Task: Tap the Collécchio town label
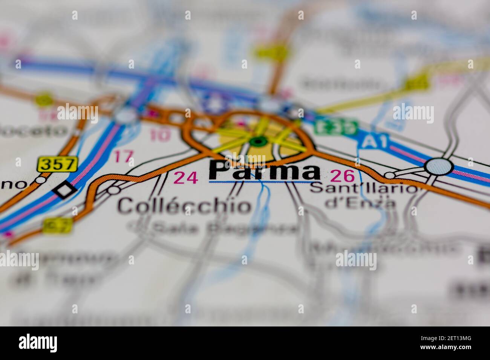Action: pyautogui.click(x=184, y=206)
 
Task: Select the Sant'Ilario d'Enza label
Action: pyautogui.click(x=364, y=195)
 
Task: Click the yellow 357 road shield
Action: pyautogui.click(x=57, y=164)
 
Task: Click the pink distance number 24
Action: pyautogui.click(x=186, y=177)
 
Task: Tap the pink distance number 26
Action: pyautogui.click(x=342, y=175)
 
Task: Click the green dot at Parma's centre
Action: pyautogui.click(x=258, y=142)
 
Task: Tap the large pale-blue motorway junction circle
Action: pyautogui.click(x=439, y=166)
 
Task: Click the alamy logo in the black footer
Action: pyautogui.click(x=38, y=343)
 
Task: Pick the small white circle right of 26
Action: pyautogui.click(x=390, y=175)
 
